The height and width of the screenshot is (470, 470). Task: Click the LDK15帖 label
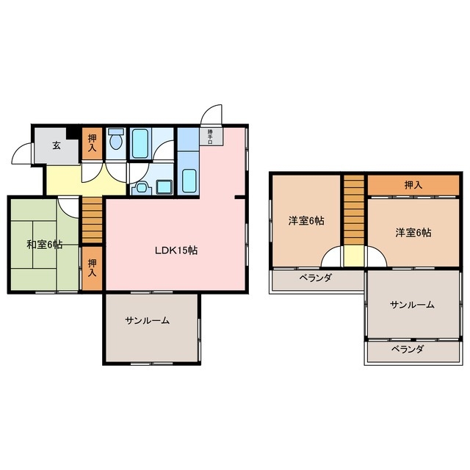(175, 250)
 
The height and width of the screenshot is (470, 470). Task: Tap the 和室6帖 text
(44, 245)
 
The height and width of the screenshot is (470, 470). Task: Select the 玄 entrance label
(57, 145)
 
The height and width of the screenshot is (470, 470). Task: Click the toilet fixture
(116, 141)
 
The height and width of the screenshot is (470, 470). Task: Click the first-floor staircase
(93, 220)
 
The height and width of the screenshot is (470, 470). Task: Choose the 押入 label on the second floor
(413, 185)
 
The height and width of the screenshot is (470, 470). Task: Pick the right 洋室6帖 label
(413, 232)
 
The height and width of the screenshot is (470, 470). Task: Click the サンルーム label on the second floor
(411, 305)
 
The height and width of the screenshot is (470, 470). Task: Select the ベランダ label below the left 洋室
(315, 278)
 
